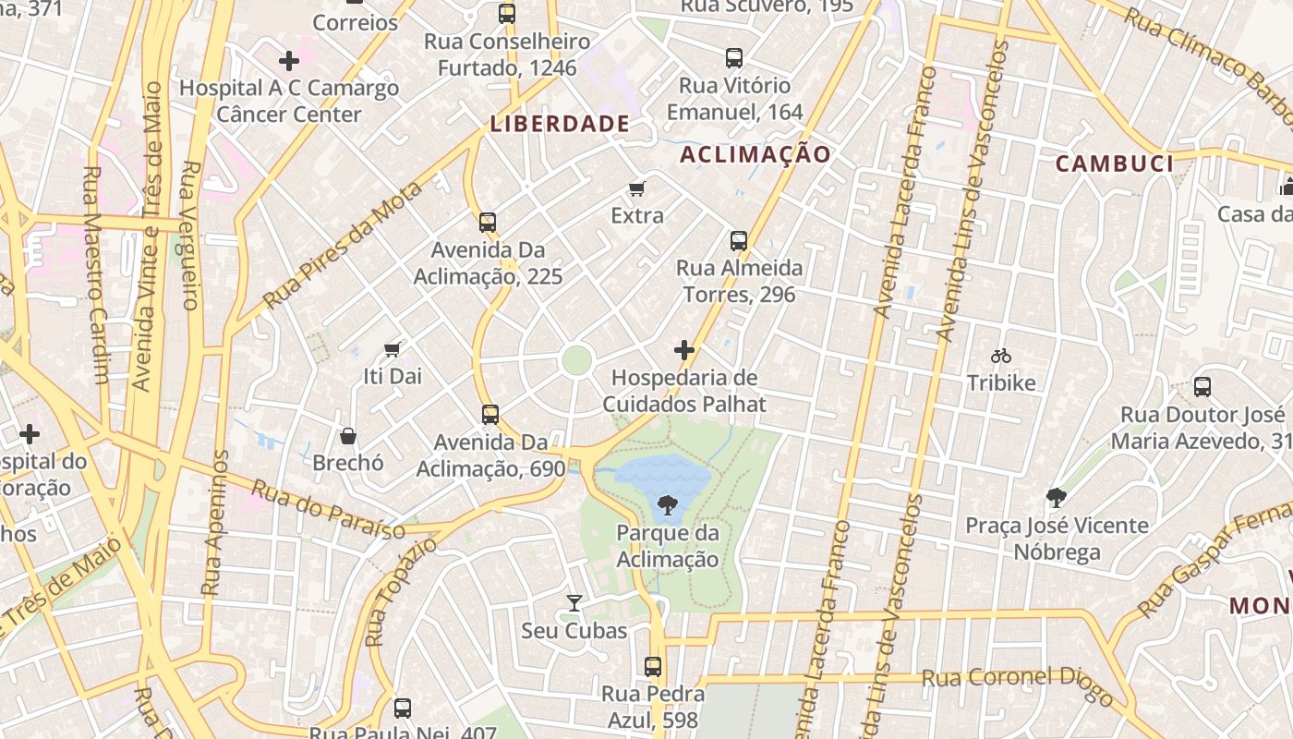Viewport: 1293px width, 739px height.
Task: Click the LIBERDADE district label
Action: tap(560, 124)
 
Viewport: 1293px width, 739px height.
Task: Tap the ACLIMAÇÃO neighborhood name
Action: tap(755, 154)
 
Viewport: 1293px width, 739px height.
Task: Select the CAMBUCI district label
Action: tap(1114, 164)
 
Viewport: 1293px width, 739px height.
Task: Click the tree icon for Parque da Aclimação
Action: tap(667, 504)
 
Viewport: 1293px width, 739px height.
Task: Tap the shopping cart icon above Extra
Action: tap(636, 189)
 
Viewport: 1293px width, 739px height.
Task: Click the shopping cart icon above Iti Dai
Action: tap(393, 349)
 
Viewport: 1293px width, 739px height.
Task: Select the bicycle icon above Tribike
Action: tap(1000, 356)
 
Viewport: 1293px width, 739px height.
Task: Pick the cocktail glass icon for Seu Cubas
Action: tap(574, 603)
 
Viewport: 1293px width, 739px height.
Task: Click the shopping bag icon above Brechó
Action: tap(348, 435)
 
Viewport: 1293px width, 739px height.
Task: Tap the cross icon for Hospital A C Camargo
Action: tap(288, 62)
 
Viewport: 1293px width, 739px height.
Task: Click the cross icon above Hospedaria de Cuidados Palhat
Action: tap(683, 350)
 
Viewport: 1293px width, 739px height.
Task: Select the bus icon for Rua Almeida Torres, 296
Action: tap(738, 241)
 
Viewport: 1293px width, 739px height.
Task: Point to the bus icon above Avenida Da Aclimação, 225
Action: tap(487, 223)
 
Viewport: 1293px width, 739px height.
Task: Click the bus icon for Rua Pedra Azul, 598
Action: tap(652, 666)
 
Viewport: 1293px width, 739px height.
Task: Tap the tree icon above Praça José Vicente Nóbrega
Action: tap(1057, 499)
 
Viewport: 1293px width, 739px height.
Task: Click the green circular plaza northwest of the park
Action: tap(576, 360)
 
